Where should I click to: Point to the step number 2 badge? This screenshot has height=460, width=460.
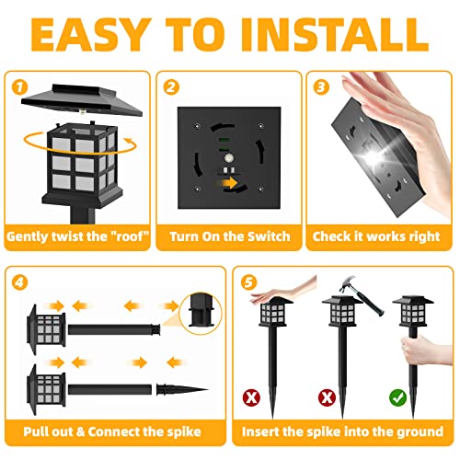(171, 86)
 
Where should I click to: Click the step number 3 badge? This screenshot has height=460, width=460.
(320, 86)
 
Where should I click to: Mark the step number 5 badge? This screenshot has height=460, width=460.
(247, 281)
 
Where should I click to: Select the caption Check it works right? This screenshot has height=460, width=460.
(378, 236)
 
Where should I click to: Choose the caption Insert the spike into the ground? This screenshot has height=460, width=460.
(342, 431)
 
